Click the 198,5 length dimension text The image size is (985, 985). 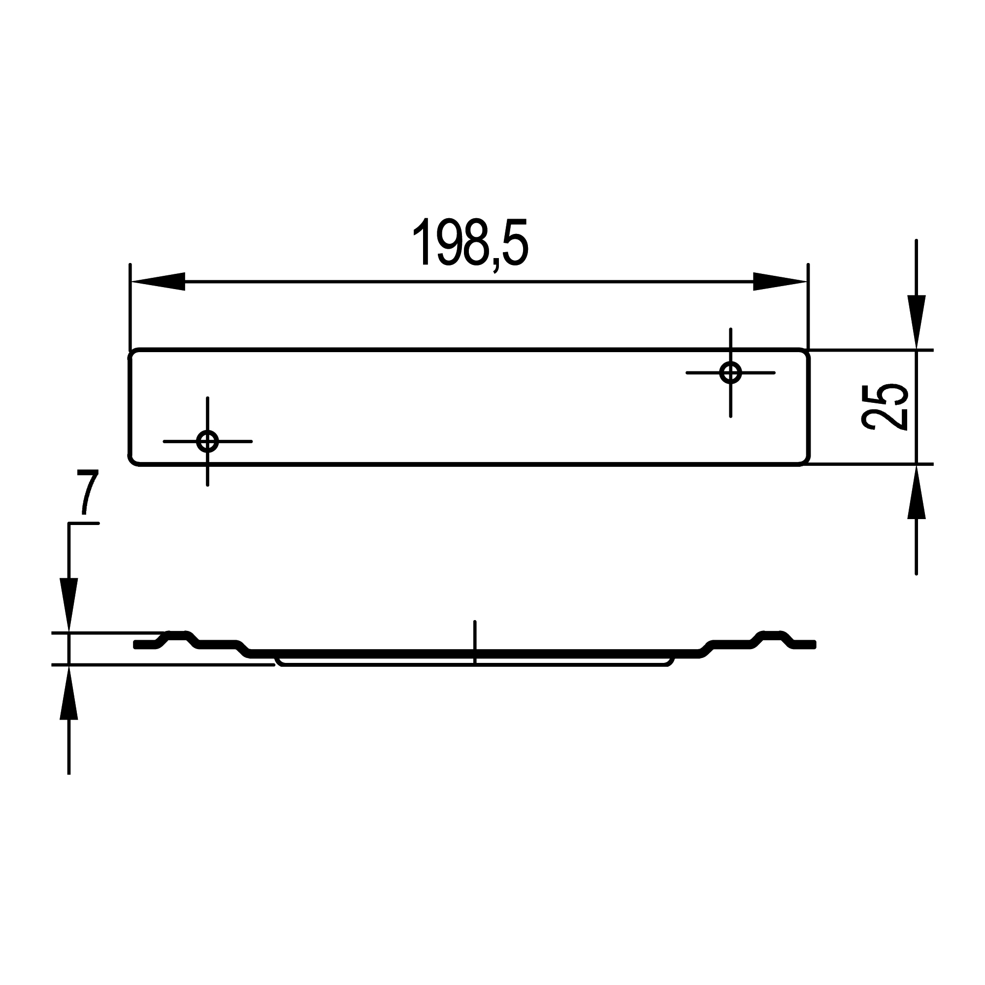[470, 243]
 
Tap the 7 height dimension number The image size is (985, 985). [88, 493]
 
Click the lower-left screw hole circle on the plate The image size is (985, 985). [207, 441]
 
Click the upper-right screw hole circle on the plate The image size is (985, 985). [730, 373]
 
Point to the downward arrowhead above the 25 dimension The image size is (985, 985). [916, 321]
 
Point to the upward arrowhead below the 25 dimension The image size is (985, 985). [916, 492]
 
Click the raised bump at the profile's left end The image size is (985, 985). [177, 635]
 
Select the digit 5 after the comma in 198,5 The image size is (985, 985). [514, 243]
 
